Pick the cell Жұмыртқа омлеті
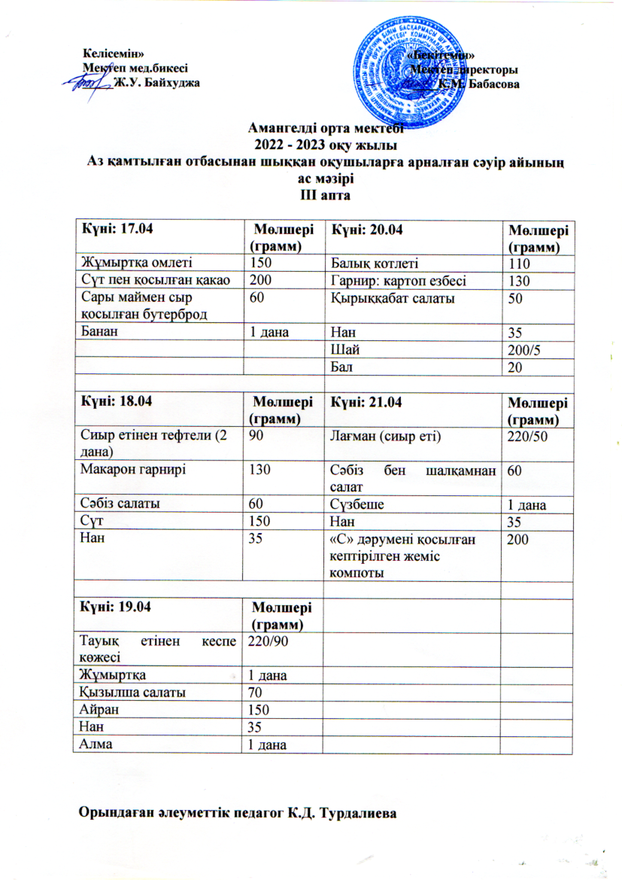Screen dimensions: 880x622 (136, 263)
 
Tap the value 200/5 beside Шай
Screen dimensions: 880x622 (526, 349)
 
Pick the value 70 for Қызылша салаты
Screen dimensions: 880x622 (256, 690)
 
